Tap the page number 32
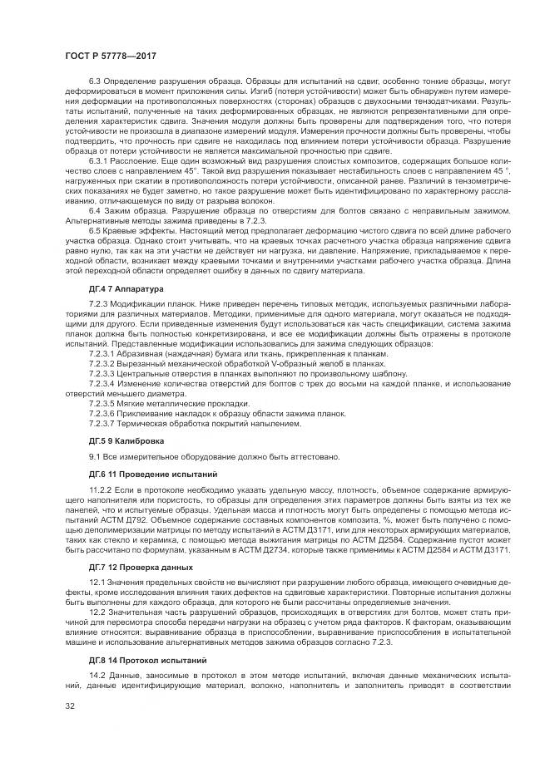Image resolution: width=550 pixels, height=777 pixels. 70,707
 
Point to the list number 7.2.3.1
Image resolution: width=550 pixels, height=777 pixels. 103,352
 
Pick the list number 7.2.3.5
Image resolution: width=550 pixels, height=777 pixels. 103,403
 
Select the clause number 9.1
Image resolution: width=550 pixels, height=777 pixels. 95,456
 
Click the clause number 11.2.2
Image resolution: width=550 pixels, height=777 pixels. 100,490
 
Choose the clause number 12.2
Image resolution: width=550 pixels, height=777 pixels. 96,610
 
